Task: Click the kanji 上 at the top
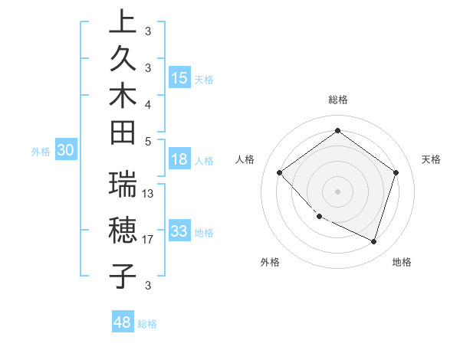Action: [123, 23]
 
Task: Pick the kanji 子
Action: [123, 275]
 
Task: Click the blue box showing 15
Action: [179, 77]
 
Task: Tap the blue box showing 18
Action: [179, 159]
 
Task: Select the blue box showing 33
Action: [179, 231]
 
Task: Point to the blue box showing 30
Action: [66, 151]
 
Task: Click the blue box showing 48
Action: [123, 322]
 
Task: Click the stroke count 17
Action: [148, 240]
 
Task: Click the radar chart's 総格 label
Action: [337, 100]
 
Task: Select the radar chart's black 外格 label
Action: [270, 263]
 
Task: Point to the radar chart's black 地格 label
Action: [402, 263]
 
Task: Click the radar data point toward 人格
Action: [280, 172]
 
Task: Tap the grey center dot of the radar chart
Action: [337, 191]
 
